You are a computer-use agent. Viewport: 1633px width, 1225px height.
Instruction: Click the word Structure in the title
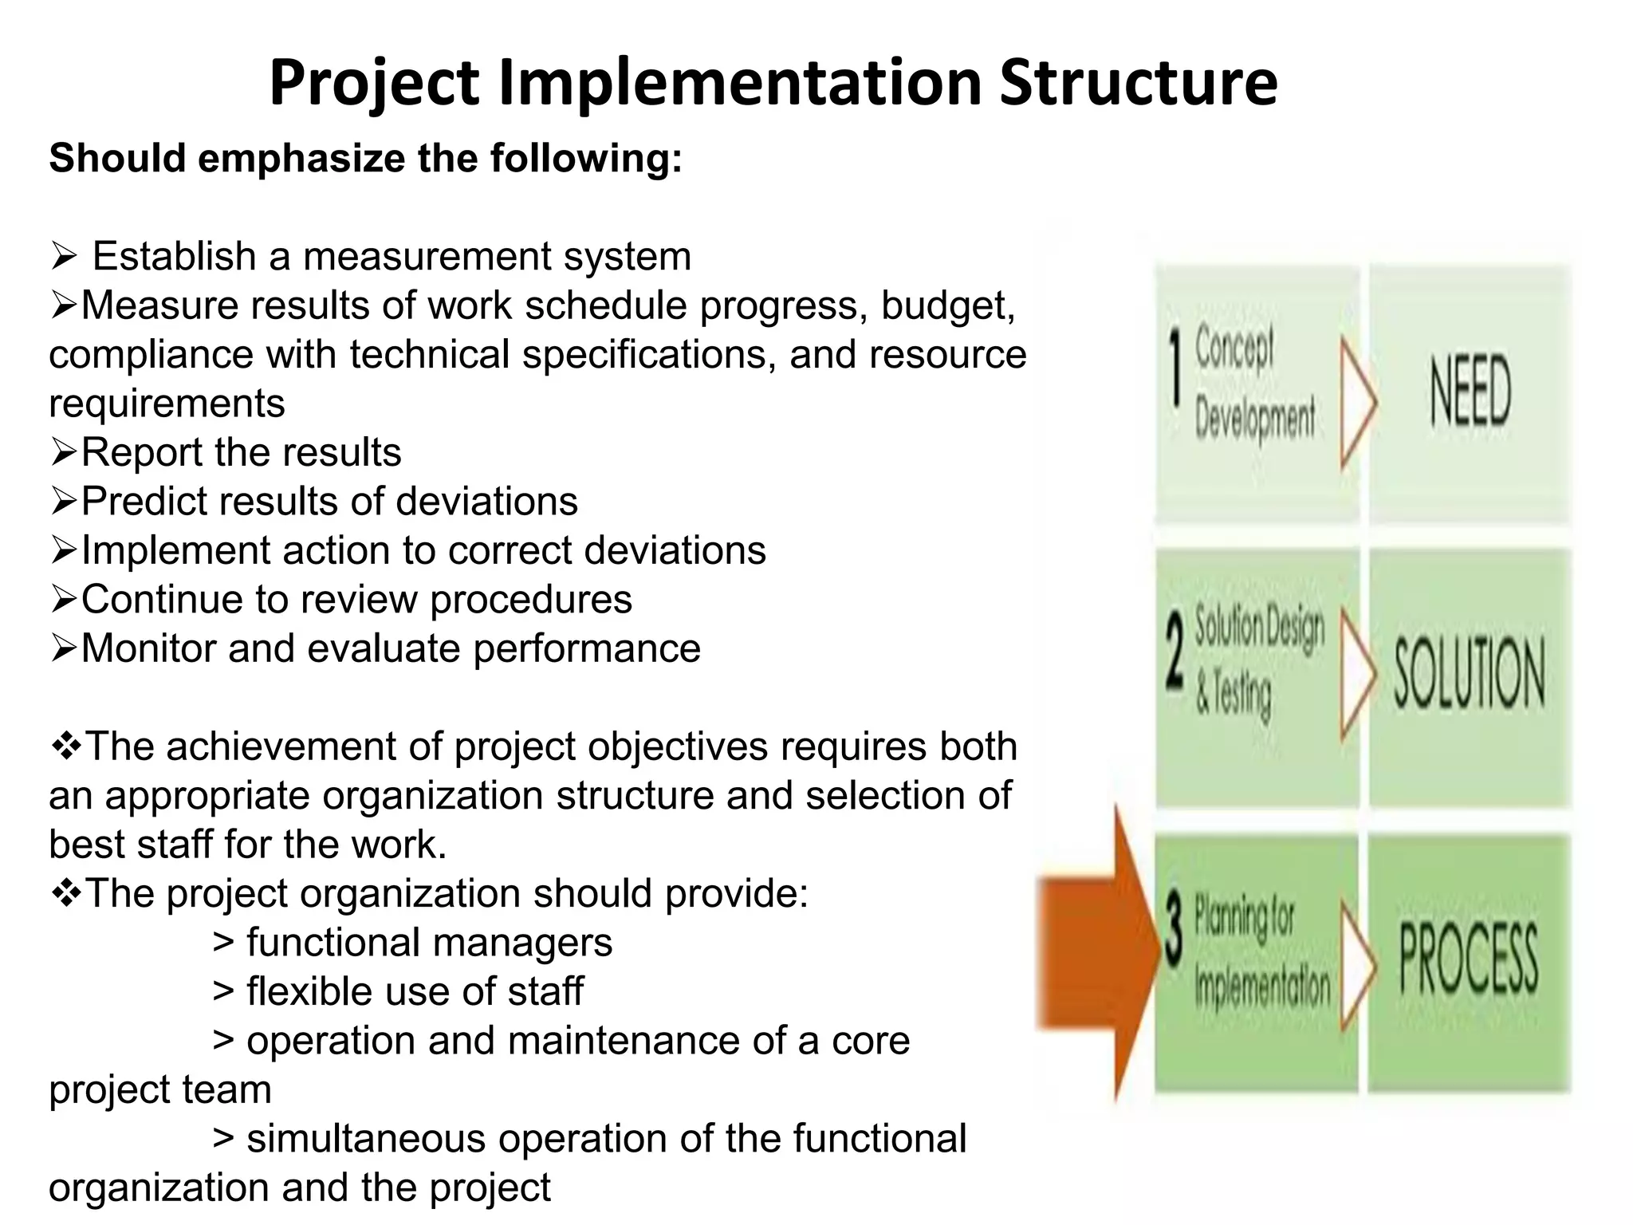[x=1138, y=83]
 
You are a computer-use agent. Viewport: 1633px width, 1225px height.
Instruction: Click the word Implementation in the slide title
[x=739, y=83]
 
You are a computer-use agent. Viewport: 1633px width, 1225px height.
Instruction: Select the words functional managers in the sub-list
[x=429, y=943]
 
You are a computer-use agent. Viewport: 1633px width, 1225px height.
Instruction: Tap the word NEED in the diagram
[x=1470, y=391]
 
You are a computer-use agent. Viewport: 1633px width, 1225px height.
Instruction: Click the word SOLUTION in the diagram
[x=1469, y=675]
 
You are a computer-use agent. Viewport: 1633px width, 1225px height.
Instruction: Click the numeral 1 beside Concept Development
[x=1175, y=368]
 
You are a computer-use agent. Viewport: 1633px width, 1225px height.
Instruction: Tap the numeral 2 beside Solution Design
[x=1175, y=654]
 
